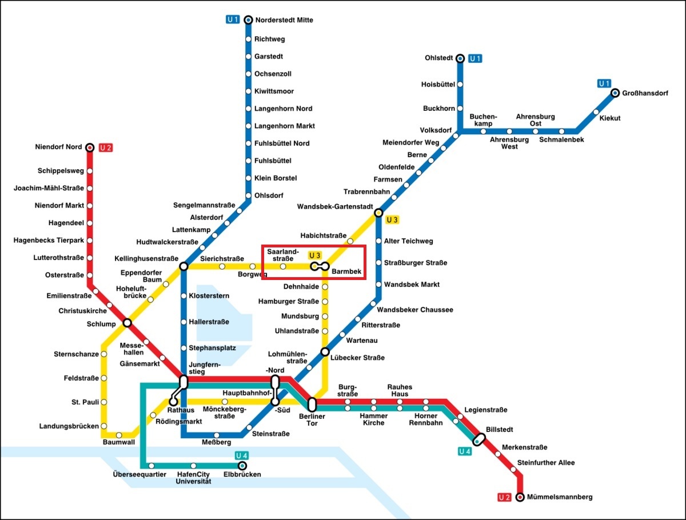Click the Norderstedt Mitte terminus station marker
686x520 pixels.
pyautogui.click(x=248, y=20)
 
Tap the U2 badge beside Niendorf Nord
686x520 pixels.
pyautogui.click(x=105, y=147)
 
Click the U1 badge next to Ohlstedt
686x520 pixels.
pyautogui.click(x=475, y=58)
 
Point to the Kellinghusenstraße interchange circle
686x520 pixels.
pyautogui.click(x=184, y=266)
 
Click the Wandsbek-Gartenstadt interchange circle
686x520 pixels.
pyautogui.click(x=378, y=213)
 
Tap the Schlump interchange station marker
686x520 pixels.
pyautogui.click(x=127, y=323)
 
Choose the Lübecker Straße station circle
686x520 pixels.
pyautogui.click(x=325, y=351)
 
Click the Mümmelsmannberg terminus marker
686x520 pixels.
pyautogui.click(x=520, y=497)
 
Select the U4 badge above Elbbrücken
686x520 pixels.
pyautogui.click(x=241, y=455)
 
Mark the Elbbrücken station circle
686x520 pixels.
pyautogui.click(x=242, y=466)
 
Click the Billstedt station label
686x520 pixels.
pyautogui.click(x=499, y=429)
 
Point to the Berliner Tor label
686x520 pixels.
pyautogui.click(x=312, y=420)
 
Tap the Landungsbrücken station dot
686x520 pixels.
pyautogui.click(x=103, y=426)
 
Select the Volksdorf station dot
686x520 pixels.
pyautogui.click(x=456, y=136)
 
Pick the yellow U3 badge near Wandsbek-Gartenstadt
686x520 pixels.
pyautogui.click(x=392, y=219)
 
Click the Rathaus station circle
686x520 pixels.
pyautogui.click(x=173, y=401)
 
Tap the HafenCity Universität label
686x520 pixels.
pyautogui.click(x=193, y=478)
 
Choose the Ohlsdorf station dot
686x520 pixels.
pyautogui.click(x=248, y=195)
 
